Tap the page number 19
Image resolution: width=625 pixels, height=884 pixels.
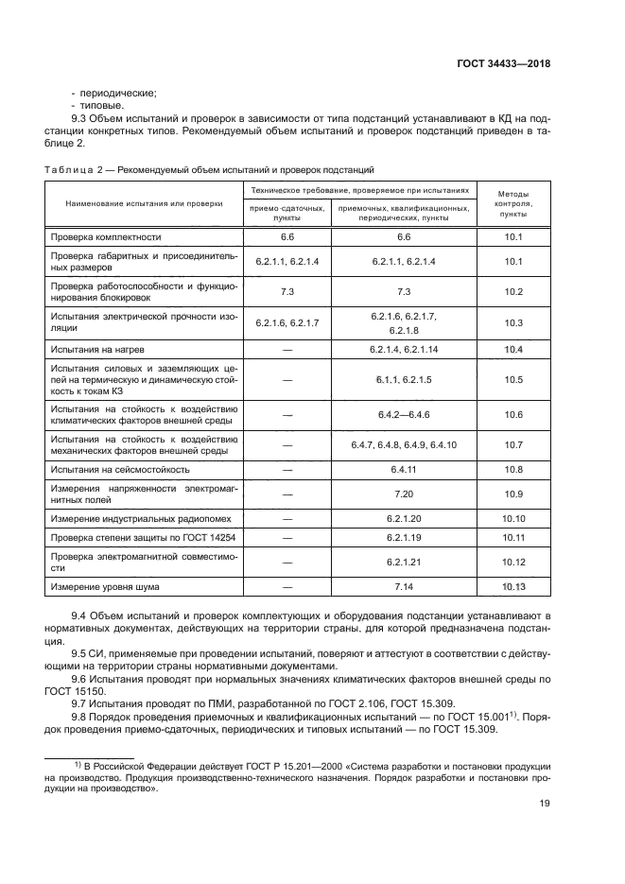pos(544,803)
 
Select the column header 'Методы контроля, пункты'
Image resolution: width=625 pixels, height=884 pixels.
pos(513,203)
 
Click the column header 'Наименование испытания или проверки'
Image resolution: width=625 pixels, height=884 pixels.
pos(144,203)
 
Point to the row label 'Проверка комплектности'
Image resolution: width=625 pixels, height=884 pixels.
pos(106,236)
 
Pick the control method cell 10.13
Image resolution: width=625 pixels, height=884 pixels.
pos(513,587)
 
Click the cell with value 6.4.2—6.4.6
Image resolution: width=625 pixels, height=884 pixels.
pos(404,414)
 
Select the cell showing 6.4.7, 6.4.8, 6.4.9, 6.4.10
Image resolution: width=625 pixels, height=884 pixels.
pos(404,444)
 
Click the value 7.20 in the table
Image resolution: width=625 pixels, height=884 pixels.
pos(404,494)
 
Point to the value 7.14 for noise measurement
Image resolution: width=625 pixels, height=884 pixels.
pos(404,587)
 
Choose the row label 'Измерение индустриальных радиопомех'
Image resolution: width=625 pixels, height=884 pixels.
pos(137,518)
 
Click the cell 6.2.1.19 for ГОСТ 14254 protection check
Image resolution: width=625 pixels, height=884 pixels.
pos(404,538)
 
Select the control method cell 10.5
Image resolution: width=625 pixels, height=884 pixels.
pos(513,379)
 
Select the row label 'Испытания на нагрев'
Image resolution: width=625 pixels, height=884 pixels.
pos(97,350)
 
